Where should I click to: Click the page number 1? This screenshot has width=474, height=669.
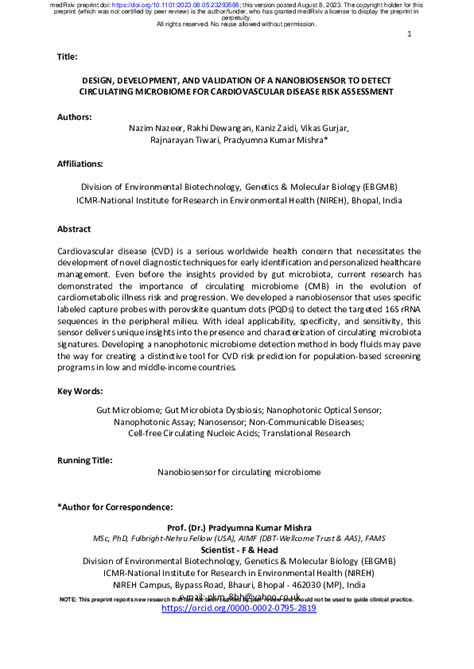(x=410, y=35)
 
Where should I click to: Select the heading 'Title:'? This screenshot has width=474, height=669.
(x=72, y=57)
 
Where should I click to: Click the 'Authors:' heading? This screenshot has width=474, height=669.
(x=78, y=116)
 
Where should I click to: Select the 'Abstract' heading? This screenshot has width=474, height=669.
(x=75, y=229)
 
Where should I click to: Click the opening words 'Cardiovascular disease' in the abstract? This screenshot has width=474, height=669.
(x=107, y=251)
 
